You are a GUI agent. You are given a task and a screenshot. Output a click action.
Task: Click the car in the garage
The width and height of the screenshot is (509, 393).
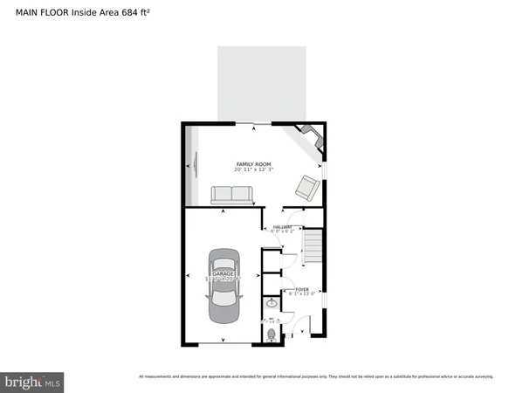point(223,286)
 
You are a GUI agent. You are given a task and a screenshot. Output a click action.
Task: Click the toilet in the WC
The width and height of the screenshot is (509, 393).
point(272,334)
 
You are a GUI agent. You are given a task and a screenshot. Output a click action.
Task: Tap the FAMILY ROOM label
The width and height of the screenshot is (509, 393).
point(254,164)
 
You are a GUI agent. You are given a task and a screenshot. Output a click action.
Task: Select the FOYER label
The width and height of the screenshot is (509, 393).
point(301,289)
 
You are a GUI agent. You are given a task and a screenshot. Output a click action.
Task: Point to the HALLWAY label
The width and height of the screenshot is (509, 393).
point(282,227)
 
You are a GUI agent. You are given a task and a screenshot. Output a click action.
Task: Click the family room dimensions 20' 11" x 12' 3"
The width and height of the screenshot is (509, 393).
point(254,171)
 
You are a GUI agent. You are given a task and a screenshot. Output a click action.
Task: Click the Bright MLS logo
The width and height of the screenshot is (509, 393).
point(32,382)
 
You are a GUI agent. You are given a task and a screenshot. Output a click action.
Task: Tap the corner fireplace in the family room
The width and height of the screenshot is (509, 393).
point(309,135)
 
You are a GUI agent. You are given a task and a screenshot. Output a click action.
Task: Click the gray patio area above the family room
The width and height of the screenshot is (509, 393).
point(261,83)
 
